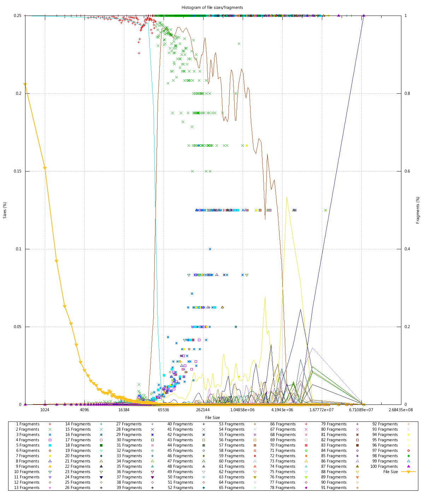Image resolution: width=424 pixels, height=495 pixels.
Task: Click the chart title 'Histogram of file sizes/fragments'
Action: (x=212, y=7)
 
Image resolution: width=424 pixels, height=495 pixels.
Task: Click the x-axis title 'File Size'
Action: (x=212, y=418)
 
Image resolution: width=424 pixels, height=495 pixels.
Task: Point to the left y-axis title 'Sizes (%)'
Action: (x=5, y=210)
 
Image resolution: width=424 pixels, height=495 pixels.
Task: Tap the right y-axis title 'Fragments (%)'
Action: (x=418, y=210)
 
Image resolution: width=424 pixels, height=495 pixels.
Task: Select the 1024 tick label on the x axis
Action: (x=45, y=410)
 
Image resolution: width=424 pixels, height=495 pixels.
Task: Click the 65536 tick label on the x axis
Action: (x=163, y=410)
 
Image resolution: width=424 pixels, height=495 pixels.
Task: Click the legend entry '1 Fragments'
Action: (x=28, y=424)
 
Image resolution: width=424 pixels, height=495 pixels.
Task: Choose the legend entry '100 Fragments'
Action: (x=384, y=466)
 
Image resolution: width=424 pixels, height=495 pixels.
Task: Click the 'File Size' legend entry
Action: (x=390, y=472)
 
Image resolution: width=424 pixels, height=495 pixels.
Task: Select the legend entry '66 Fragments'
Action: (x=283, y=424)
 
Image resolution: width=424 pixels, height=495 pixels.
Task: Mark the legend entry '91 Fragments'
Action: (x=334, y=488)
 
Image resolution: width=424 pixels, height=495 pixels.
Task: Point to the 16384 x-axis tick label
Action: (x=124, y=410)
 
